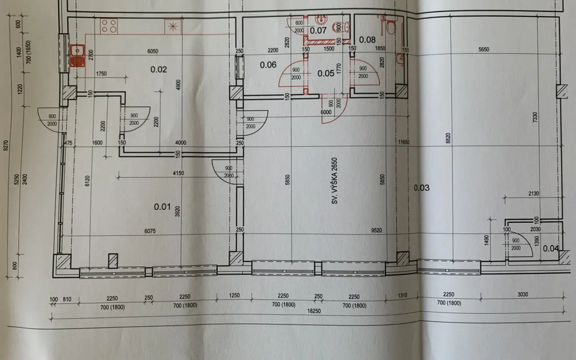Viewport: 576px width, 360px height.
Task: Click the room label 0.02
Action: [x=159, y=69]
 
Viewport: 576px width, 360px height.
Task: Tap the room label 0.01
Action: [x=162, y=207]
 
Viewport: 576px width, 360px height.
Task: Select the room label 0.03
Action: [x=422, y=188]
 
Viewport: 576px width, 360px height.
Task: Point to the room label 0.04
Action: [x=551, y=248]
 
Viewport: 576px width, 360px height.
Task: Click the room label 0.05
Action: [x=326, y=73]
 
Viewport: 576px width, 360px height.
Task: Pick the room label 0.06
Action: [x=268, y=65]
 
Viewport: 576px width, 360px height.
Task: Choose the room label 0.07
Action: [x=318, y=31]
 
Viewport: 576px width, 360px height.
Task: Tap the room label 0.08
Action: [x=367, y=40]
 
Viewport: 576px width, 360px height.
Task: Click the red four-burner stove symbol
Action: [x=109, y=26]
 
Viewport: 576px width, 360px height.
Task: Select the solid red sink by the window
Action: [x=77, y=56]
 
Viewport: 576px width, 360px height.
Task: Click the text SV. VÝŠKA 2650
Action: [x=334, y=181]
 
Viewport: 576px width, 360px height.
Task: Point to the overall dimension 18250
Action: [x=314, y=311]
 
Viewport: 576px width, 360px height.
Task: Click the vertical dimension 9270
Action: [x=6, y=145]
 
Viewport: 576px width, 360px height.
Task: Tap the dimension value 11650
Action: [x=404, y=142]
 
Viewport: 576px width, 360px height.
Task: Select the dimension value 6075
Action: [x=150, y=231]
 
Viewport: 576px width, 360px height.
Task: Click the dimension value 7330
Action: [x=535, y=117]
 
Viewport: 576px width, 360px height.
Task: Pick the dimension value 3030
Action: [x=522, y=294]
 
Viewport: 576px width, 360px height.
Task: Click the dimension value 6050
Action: [x=153, y=51]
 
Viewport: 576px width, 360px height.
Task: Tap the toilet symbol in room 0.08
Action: [x=391, y=27]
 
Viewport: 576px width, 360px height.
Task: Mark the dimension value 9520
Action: [x=377, y=231]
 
